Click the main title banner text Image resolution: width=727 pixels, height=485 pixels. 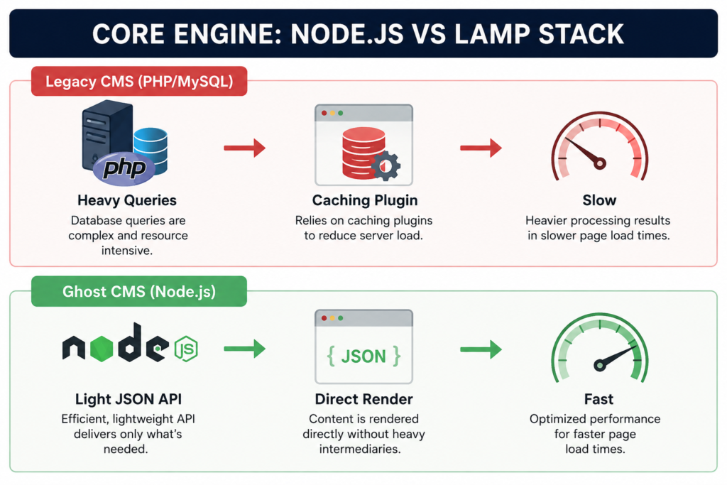(x=358, y=34)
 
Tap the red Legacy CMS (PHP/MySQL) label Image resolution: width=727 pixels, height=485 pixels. (x=139, y=82)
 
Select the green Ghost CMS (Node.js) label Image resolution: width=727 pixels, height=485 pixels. (x=139, y=292)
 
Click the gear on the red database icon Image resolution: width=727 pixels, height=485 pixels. (x=386, y=165)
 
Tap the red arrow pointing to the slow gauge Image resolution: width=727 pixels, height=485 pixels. (x=481, y=148)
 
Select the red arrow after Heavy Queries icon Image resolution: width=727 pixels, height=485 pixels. (x=245, y=148)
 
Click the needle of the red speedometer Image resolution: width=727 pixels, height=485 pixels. (x=584, y=152)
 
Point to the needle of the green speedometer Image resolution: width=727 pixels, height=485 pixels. (x=615, y=356)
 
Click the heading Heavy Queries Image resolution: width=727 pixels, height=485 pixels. (x=127, y=200)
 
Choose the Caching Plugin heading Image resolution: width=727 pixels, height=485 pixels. (x=365, y=200)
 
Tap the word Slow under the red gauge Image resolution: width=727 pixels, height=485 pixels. (x=599, y=200)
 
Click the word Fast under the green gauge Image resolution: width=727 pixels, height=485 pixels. (x=599, y=399)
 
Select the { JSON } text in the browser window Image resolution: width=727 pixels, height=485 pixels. (x=364, y=356)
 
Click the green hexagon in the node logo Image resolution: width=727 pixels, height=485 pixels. (x=102, y=349)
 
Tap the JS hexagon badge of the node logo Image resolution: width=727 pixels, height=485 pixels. (x=187, y=349)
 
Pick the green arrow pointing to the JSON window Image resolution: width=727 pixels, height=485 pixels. (x=245, y=349)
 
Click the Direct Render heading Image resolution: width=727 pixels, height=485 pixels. (x=364, y=399)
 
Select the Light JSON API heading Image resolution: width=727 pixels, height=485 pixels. (x=129, y=399)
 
